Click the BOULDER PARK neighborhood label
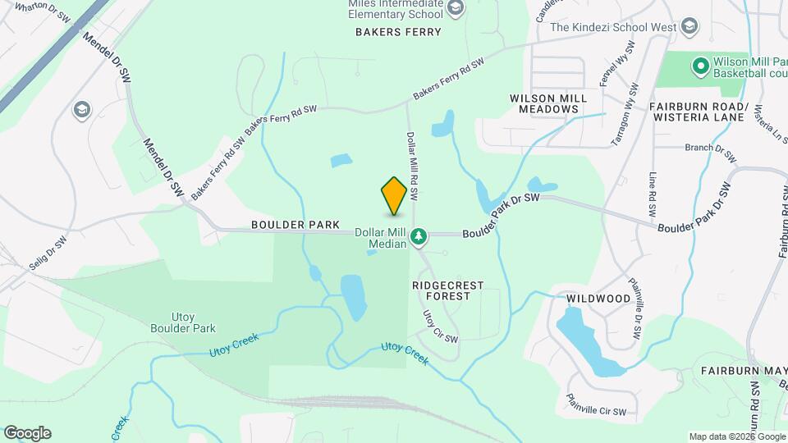pyautogui.click(x=284, y=224)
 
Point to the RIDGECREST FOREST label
pyautogui.click(x=447, y=290)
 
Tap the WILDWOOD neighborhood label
pyautogui.click(x=598, y=299)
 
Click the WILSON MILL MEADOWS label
pyautogui.click(x=548, y=103)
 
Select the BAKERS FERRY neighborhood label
pyautogui.click(x=398, y=32)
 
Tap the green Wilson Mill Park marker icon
pyautogui.click(x=700, y=64)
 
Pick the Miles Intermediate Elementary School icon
pyautogui.click(x=456, y=10)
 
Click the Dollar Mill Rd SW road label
pyautogui.click(x=413, y=167)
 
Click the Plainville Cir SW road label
pyautogui.click(x=596, y=404)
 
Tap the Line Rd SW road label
pyautogui.click(x=653, y=194)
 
